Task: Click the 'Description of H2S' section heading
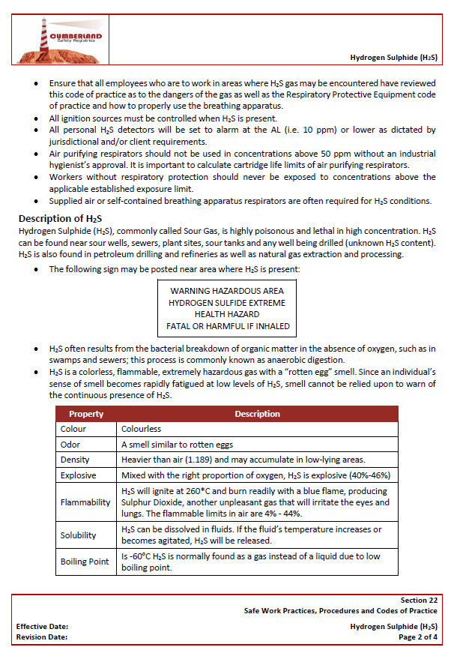[x=60, y=218]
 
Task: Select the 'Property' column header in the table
[x=86, y=414]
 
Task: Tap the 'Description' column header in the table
[x=257, y=414]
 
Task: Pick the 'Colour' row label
[x=73, y=430]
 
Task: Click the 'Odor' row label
[x=70, y=445]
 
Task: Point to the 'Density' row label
[x=75, y=460]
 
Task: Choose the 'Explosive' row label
[x=78, y=475]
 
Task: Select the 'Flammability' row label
[x=85, y=502]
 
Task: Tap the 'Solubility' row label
[x=79, y=535]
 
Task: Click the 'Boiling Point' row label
[x=85, y=562]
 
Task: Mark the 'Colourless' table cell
[x=142, y=430]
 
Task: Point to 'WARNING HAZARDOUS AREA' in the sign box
[x=227, y=290]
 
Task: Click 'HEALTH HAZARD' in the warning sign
[x=227, y=314]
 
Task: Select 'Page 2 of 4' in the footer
[x=418, y=637]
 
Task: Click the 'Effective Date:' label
[x=43, y=626]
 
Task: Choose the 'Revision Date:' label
[x=42, y=637]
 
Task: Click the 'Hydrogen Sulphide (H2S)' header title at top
[x=393, y=57]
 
